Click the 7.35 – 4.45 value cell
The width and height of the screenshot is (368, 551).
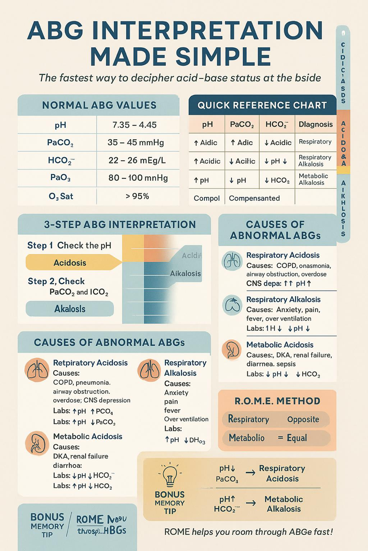(134, 125)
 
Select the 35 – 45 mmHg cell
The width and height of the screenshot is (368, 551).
(136, 143)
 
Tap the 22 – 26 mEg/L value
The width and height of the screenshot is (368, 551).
(137, 160)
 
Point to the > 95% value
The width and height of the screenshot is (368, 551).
(137, 196)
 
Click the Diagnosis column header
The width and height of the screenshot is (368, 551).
(316, 124)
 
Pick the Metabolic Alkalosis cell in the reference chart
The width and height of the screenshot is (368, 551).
(313, 179)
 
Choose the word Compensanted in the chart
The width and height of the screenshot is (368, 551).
(254, 198)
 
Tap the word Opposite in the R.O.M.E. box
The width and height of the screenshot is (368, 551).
(303, 419)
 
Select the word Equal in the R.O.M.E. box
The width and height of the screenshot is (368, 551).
(297, 438)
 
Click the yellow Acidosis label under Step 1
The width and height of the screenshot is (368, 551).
(70, 263)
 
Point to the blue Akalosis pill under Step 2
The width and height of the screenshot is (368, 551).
(70, 309)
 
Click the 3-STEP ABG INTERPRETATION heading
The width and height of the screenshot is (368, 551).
(120, 225)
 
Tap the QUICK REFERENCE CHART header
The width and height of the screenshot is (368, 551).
(262, 105)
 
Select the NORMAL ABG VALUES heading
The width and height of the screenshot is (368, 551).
(99, 105)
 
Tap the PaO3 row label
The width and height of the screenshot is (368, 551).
(60, 178)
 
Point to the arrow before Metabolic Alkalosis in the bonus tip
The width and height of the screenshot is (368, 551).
(251, 503)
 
